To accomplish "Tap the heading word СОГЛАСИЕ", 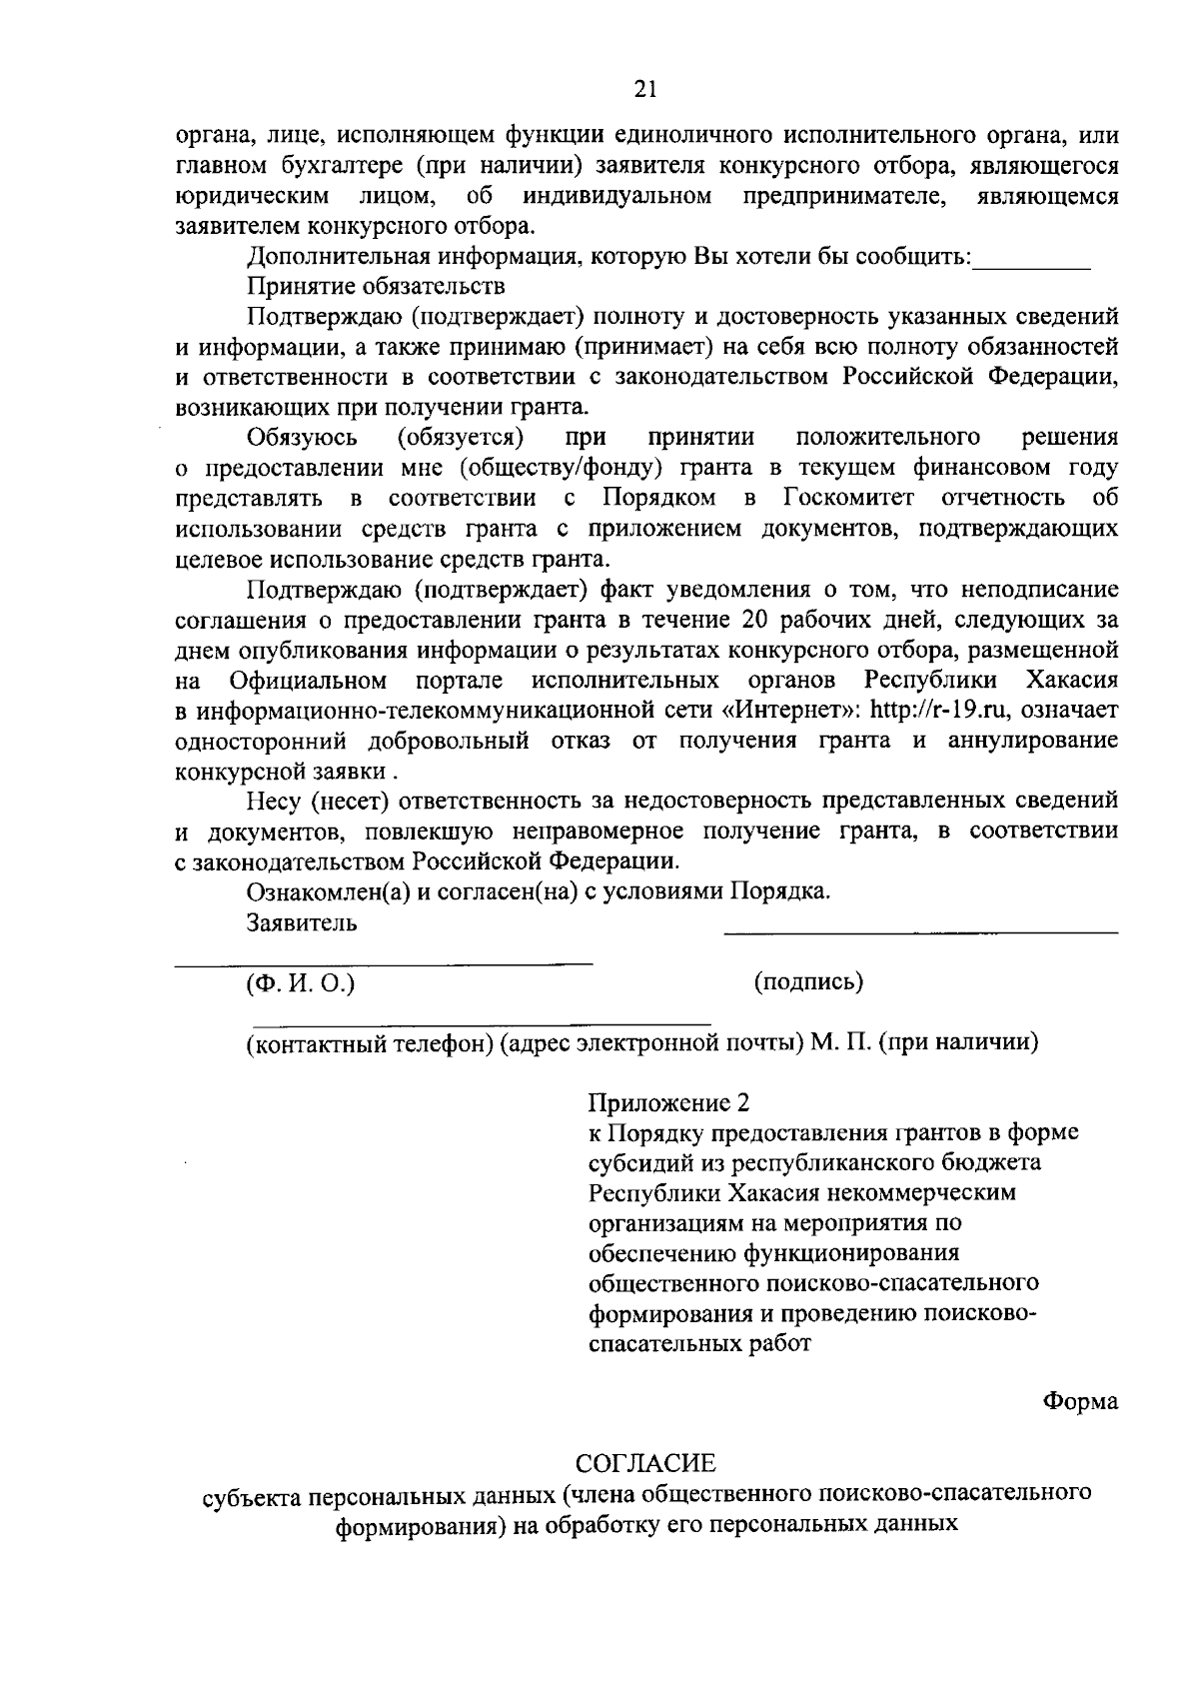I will (646, 1463).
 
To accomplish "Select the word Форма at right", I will (1080, 1401).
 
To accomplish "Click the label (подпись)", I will (808, 981).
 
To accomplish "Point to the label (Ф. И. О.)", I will (301, 983).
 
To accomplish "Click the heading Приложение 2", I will (667, 1103).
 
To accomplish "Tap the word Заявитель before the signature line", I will (302, 922).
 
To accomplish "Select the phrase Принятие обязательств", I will (376, 287).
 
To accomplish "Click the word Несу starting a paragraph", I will (276, 802).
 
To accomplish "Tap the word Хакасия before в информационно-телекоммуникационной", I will (1072, 681).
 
